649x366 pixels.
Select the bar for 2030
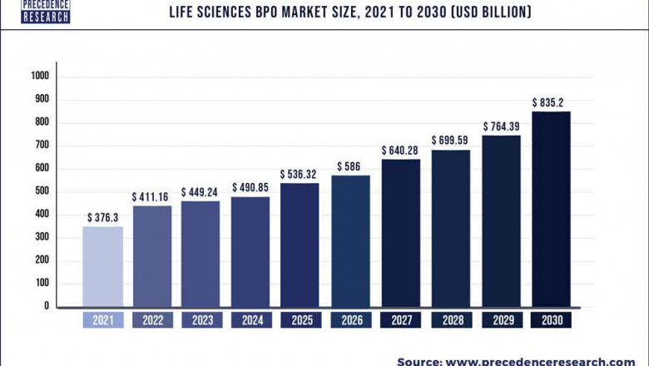point(551,209)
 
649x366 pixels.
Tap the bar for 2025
point(300,245)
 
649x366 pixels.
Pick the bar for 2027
point(400,233)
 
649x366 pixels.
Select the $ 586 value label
point(350,167)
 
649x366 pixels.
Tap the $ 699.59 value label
point(450,140)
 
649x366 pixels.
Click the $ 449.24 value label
point(201,187)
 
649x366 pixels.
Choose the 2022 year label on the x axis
point(151,320)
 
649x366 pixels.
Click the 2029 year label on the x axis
point(501,320)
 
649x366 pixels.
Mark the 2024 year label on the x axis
point(251,320)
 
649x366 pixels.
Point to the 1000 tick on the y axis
point(41,76)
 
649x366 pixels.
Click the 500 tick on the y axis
point(43,191)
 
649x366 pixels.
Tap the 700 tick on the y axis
point(43,146)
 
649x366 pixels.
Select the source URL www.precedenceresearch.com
point(539,361)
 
